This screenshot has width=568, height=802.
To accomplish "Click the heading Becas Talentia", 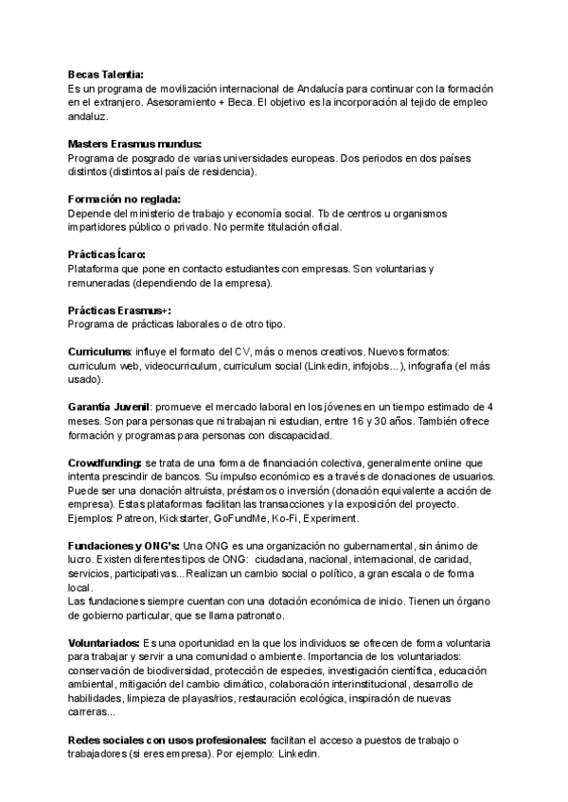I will click(106, 74).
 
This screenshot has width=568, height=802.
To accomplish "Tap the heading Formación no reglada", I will click(123, 199).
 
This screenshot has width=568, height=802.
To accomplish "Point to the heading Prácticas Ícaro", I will click(107, 254).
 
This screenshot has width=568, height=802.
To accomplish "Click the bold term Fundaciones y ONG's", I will click(123, 547).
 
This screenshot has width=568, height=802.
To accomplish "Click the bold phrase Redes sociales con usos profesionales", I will click(167, 741).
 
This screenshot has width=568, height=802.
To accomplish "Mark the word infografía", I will click(438, 366).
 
